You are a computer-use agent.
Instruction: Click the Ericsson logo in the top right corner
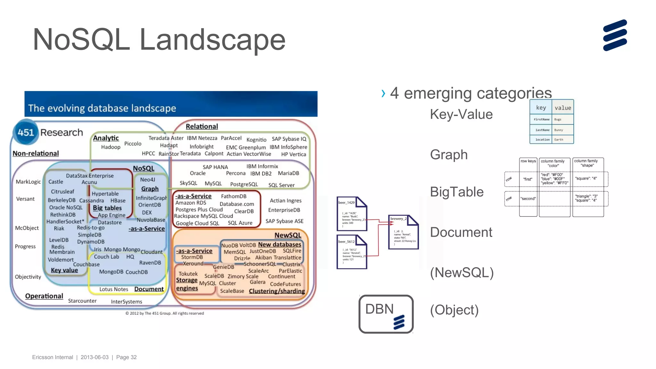click(x=615, y=35)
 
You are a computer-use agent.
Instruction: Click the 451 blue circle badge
click(x=26, y=132)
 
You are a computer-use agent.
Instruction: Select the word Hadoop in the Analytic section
click(x=111, y=147)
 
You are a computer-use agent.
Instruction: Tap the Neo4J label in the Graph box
click(x=147, y=180)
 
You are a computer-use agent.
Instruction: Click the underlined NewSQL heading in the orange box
click(x=288, y=235)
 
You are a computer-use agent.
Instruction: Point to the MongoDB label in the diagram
click(x=111, y=272)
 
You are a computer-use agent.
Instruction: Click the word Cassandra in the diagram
click(x=92, y=201)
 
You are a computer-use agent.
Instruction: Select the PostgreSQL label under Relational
click(x=244, y=184)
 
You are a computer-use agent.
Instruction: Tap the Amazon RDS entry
click(x=191, y=203)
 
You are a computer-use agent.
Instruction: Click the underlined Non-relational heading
click(x=36, y=153)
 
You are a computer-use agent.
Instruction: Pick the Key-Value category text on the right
click(x=461, y=114)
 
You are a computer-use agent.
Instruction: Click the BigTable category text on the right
click(x=456, y=192)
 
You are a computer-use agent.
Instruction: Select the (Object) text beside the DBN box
click(x=454, y=310)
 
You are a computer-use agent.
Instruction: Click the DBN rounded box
click(x=386, y=314)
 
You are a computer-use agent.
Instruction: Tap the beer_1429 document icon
click(x=351, y=214)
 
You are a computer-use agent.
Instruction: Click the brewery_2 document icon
click(x=403, y=232)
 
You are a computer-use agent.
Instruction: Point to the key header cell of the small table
click(x=541, y=108)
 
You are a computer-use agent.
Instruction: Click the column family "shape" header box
click(x=587, y=163)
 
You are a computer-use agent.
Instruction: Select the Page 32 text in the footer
click(x=126, y=357)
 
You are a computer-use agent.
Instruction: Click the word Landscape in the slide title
click(x=212, y=40)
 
